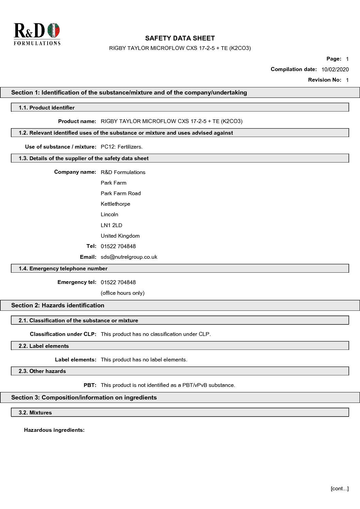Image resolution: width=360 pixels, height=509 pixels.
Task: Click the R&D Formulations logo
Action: (x=37, y=34)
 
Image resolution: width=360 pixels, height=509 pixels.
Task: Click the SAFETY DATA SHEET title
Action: (x=180, y=38)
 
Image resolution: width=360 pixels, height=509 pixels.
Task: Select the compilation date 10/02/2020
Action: (x=335, y=69)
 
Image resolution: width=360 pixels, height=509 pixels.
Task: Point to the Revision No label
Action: (x=324, y=80)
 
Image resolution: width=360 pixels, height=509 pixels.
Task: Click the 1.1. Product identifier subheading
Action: (x=47, y=107)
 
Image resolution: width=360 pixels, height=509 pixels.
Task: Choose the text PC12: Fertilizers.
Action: (x=121, y=147)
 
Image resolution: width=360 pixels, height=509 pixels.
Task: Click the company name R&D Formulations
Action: (x=123, y=172)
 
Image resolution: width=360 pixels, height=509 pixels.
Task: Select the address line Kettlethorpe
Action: (x=115, y=204)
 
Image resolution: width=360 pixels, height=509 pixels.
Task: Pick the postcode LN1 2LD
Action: (x=111, y=225)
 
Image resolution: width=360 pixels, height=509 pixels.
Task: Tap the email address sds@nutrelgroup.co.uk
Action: (x=129, y=257)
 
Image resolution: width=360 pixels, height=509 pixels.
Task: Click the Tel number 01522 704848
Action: (x=118, y=246)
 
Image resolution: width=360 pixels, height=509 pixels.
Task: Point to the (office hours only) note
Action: (x=122, y=293)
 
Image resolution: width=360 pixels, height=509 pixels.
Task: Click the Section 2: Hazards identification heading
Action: (x=58, y=305)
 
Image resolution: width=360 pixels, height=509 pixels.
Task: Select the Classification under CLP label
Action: (x=63, y=334)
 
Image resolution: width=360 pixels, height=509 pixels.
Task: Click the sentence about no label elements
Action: (x=144, y=359)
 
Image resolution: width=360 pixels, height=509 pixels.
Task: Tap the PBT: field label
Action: (x=90, y=385)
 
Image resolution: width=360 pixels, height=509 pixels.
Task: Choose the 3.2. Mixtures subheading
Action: (x=35, y=412)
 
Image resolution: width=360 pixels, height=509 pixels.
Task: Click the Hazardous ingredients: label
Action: (x=54, y=430)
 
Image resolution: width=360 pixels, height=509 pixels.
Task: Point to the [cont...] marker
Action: (x=339, y=489)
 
